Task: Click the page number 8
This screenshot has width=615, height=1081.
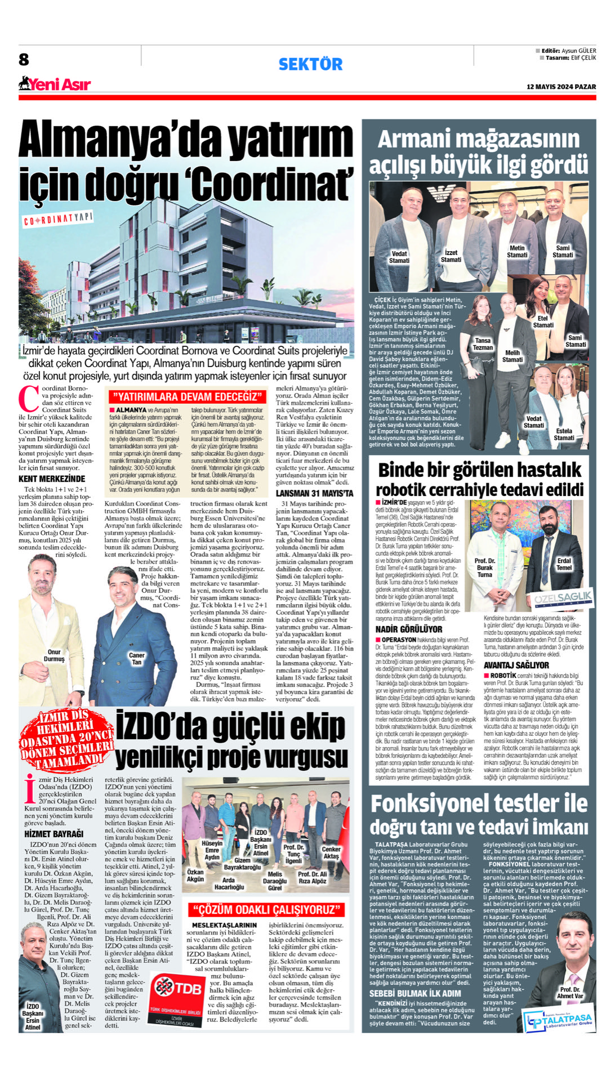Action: click(x=24, y=60)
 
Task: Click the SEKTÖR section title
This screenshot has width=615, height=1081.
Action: click(x=310, y=64)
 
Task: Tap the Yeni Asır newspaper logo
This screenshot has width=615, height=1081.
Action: click(x=55, y=84)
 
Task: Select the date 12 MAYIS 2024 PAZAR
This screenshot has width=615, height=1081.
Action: click(x=561, y=87)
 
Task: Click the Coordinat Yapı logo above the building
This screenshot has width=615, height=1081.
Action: click(x=57, y=219)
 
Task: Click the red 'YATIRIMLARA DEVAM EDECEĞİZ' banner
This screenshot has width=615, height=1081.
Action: click(x=186, y=396)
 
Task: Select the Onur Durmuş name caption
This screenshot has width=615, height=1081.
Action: click(x=54, y=655)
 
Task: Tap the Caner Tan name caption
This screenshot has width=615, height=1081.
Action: click(x=137, y=658)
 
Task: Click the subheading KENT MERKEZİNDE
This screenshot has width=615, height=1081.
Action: click(x=52, y=479)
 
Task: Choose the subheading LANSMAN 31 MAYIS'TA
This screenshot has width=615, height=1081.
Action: click(x=314, y=493)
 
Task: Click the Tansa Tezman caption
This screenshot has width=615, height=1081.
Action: click(x=483, y=344)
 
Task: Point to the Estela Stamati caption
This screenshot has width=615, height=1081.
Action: click(x=564, y=434)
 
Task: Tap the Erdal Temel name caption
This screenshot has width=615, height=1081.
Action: click(x=564, y=564)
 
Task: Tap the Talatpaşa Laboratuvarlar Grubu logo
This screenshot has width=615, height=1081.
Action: click(x=558, y=1020)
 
